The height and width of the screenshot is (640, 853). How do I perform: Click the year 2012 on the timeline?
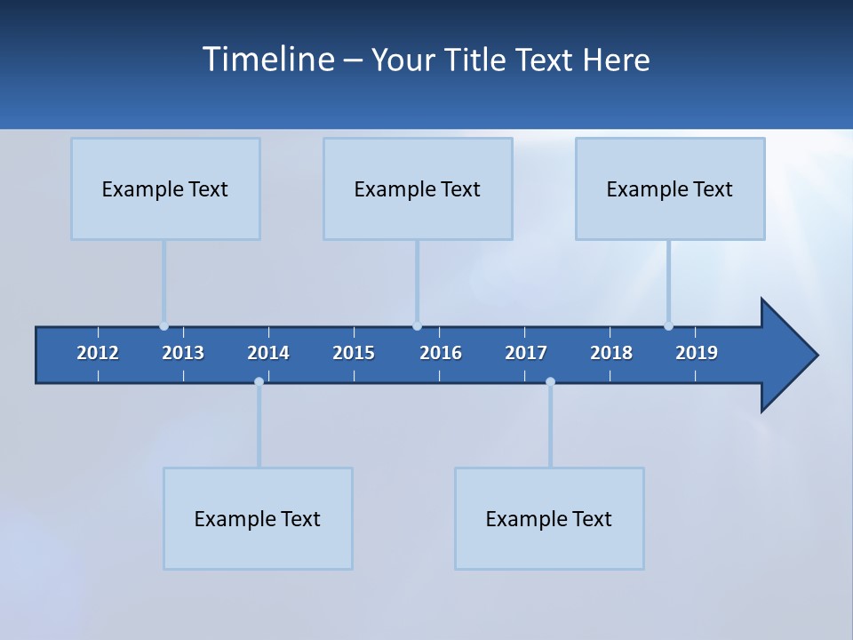(98, 353)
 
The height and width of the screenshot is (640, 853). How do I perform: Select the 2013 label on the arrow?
(183, 353)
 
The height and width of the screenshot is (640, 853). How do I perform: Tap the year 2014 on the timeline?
(268, 353)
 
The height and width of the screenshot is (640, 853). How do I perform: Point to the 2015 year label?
(354, 353)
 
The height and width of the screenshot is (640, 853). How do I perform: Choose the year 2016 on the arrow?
(441, 353)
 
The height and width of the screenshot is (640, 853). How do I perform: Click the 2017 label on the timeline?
(526, 353)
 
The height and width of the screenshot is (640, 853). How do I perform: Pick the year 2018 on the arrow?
(611, 353)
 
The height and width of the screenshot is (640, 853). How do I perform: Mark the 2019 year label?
(697, 353)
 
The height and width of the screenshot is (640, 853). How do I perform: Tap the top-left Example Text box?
(165, 188)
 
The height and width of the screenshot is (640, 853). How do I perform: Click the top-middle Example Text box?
(418, 188)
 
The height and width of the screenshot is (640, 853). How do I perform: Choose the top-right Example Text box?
(670, 188)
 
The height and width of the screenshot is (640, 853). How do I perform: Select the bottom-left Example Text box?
(258, 518)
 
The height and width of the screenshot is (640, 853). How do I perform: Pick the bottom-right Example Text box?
(549, 518)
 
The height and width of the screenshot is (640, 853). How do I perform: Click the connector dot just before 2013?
(163, 326)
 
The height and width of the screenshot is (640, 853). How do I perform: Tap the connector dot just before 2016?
(417, 326)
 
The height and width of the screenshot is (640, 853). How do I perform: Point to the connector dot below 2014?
(259, 381)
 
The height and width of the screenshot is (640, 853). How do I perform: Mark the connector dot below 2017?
(550, 381)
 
